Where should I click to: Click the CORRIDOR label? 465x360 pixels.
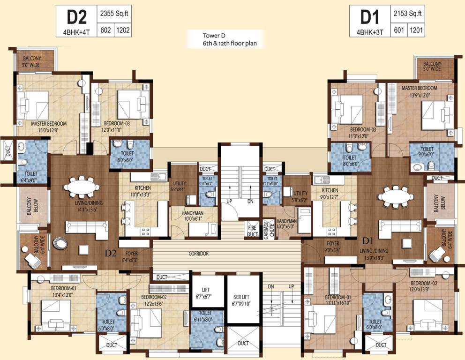pyautogui.click(x=198, y=254)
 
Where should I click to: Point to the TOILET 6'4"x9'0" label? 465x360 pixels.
pyautogui.click(x=31, y=176)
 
